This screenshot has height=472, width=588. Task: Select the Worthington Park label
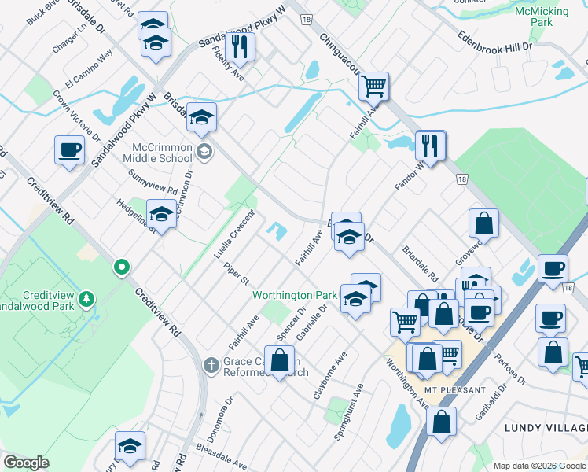(294, 296)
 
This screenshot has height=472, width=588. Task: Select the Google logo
(26, 463)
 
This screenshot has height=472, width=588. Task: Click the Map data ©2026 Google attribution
(539, 466)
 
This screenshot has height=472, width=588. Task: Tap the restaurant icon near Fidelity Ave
(240, 46)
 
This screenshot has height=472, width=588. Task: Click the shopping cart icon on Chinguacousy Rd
(374, 85)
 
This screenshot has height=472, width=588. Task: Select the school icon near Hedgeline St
(161, 214)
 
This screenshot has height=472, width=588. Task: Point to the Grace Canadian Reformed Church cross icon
(210, 365)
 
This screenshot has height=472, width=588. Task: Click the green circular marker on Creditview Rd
(121, 267)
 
